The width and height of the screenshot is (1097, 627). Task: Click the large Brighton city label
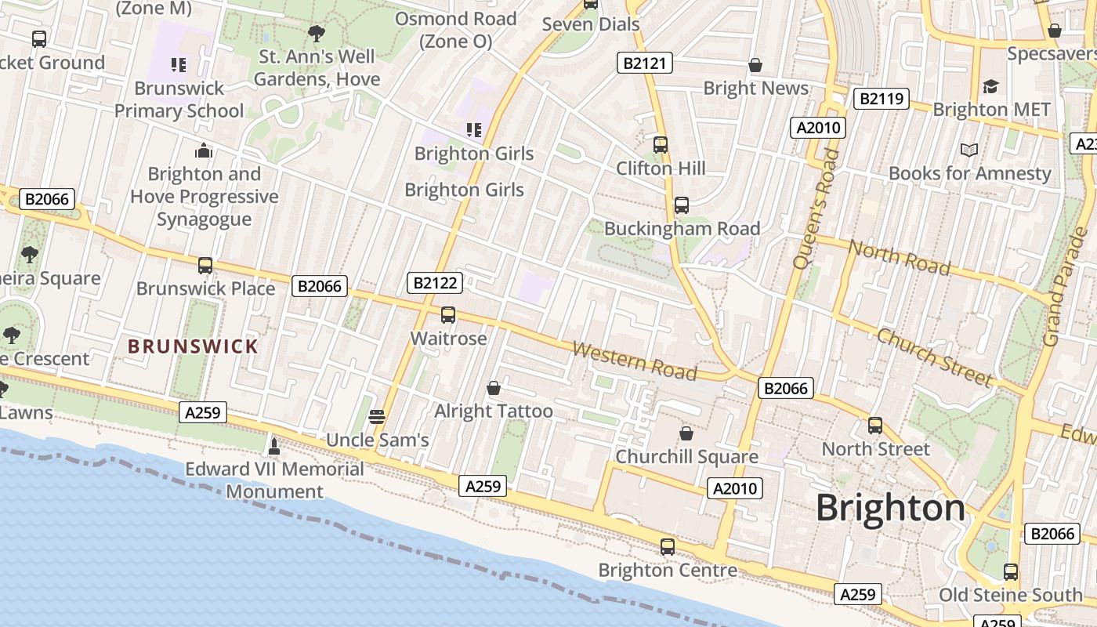(x=891, y=508)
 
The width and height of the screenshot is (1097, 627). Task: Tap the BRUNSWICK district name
(x=193, y=346)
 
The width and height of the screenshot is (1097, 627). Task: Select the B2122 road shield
(x=435, y=283)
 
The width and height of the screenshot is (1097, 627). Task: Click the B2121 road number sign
(x=645, y=63)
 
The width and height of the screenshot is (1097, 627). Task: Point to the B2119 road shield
(x=881, y=99)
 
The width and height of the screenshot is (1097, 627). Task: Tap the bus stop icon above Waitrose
(x=448, y=315)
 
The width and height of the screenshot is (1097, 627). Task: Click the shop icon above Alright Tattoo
(x=494, y=388)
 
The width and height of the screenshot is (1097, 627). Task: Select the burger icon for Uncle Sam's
(x=377, y=416)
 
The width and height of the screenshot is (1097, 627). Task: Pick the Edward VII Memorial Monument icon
(x=274, y=446)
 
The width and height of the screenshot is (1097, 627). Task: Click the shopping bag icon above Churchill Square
(x=686, y=433)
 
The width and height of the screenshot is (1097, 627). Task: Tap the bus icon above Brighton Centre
(x=668, y=547)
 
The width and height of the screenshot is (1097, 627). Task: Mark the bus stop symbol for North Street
(x=875, y=426)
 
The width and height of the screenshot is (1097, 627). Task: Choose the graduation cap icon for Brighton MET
(x=991, y=86)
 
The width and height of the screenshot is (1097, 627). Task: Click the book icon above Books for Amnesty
(x=969, y=150)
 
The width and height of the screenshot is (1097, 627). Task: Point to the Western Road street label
(x=634, y=360)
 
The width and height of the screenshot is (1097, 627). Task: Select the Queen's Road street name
(x=816, y=208)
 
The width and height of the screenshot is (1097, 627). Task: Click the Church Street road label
(x=934, y=357)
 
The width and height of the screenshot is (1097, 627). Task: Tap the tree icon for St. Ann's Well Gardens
(x=317, y=33)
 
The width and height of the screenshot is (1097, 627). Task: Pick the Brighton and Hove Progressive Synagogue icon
(x=204, y=150)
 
